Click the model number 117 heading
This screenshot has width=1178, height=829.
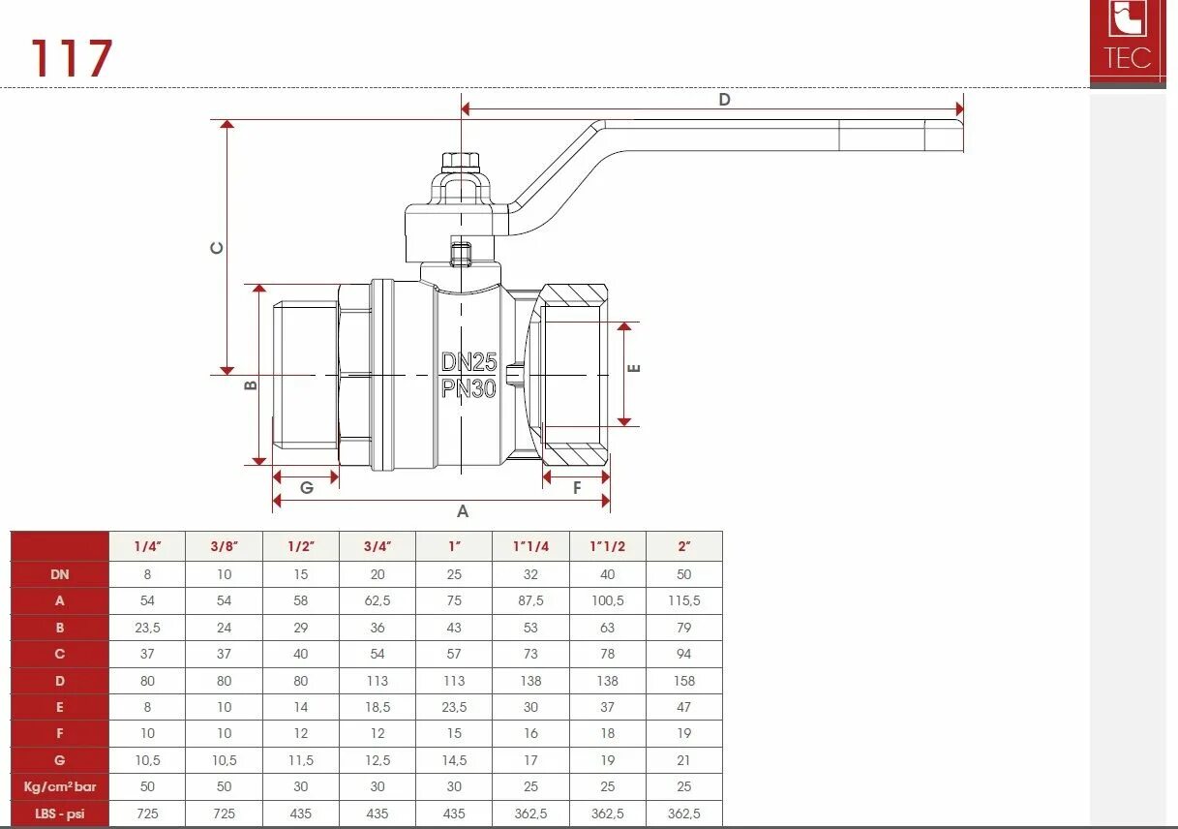coord(72,59)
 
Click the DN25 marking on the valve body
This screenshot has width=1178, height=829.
coord(468,362)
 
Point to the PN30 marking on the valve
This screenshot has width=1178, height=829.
coord(468,388)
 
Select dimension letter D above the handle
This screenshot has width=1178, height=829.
coord(724,99)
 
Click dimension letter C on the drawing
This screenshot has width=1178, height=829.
coord(218,248)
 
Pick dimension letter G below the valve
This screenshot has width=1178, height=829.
coord(306,487)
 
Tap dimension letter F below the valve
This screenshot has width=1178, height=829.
coord(577,487)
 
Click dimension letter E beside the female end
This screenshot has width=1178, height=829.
coord(635,368)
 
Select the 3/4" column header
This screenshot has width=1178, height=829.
coord(378,546)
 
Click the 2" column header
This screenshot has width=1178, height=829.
coord(683,546)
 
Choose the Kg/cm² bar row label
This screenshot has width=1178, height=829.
coord(60,786)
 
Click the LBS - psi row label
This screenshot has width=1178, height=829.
coord(60,814)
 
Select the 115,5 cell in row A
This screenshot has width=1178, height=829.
coord(683,600)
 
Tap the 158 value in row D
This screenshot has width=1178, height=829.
coord(683,681)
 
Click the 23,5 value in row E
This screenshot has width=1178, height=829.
coord(454,707)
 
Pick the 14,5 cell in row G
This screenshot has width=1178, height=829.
coord(454,760)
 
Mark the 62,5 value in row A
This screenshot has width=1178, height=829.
coord(378,600)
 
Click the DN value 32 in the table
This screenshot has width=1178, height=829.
coord(530,574)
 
